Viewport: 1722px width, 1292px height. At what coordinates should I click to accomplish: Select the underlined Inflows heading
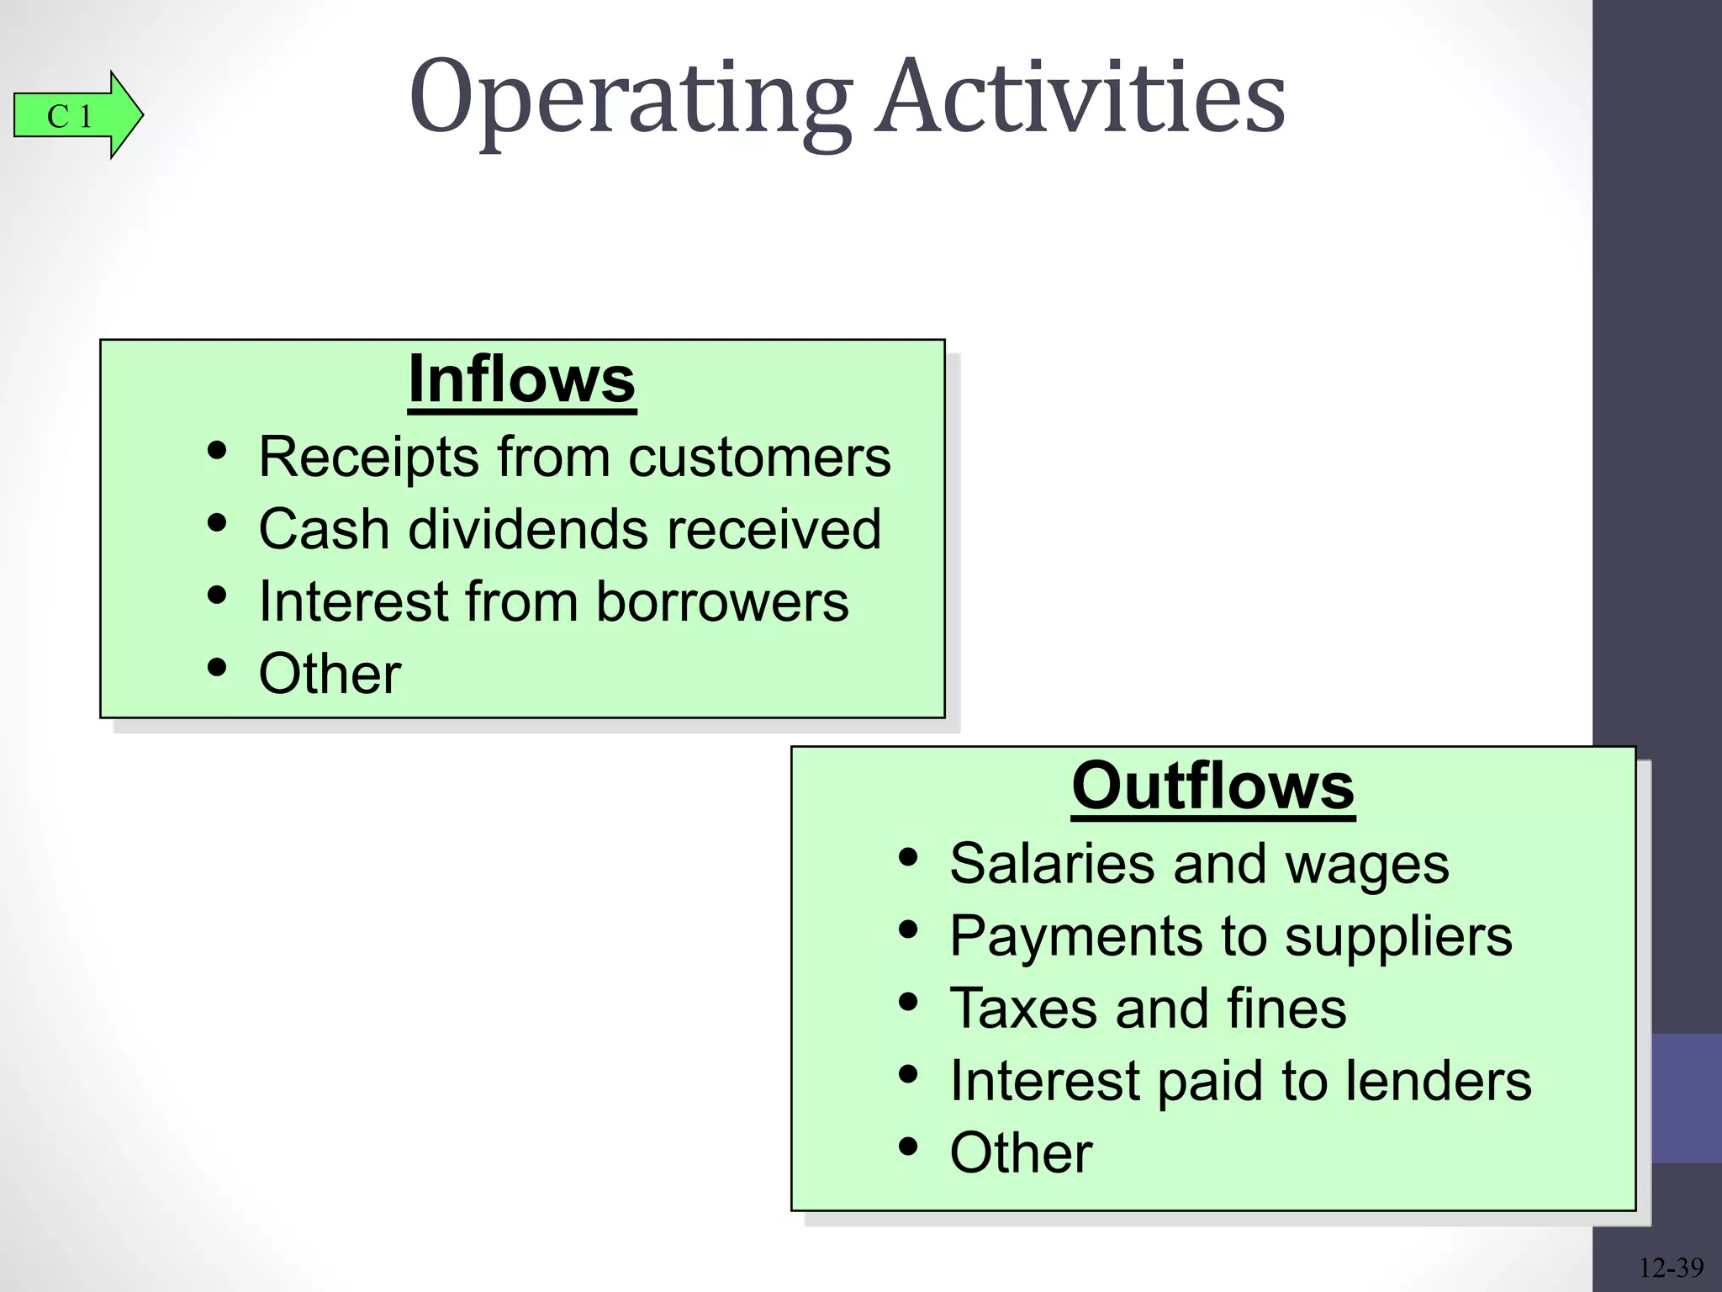521,380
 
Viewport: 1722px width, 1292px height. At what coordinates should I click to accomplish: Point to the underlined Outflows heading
1212,786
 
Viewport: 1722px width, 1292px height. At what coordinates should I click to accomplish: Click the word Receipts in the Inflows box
368,458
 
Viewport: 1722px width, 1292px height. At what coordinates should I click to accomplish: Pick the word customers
759,458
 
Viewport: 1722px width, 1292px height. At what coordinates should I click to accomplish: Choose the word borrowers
722,602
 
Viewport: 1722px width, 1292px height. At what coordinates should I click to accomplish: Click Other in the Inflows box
330,674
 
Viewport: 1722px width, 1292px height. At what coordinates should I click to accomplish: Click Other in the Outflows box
1021,1152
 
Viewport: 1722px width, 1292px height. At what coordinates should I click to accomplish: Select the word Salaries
1052,864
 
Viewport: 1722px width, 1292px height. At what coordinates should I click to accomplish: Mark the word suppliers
1398,937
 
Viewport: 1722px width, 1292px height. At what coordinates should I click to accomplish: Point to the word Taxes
1023,1009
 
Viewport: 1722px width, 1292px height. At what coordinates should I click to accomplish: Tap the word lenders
1438,1080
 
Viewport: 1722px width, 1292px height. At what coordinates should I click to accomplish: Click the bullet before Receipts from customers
217,451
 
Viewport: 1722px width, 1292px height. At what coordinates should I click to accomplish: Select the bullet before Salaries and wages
908,858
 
